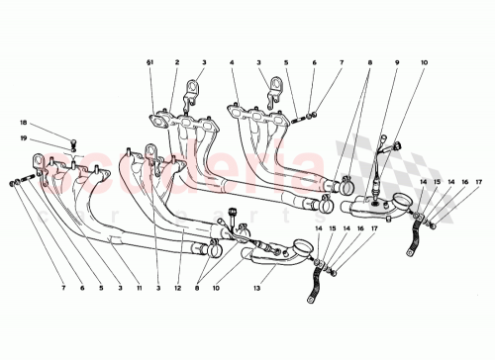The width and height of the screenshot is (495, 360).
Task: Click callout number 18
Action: (x=23, y=123)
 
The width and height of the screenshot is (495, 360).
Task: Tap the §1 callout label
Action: (x=152, y=62)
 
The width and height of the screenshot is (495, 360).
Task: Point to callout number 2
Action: (x=175, y=62)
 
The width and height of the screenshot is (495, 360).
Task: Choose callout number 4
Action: (x=231, y=62)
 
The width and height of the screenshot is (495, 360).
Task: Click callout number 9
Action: (x=397, y=62)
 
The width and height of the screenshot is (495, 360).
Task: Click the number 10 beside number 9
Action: (x=424, y=62)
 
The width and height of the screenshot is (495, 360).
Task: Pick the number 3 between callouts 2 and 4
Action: (x=203, y=62)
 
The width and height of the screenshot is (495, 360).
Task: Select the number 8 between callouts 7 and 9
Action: (x=369, y=62)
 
